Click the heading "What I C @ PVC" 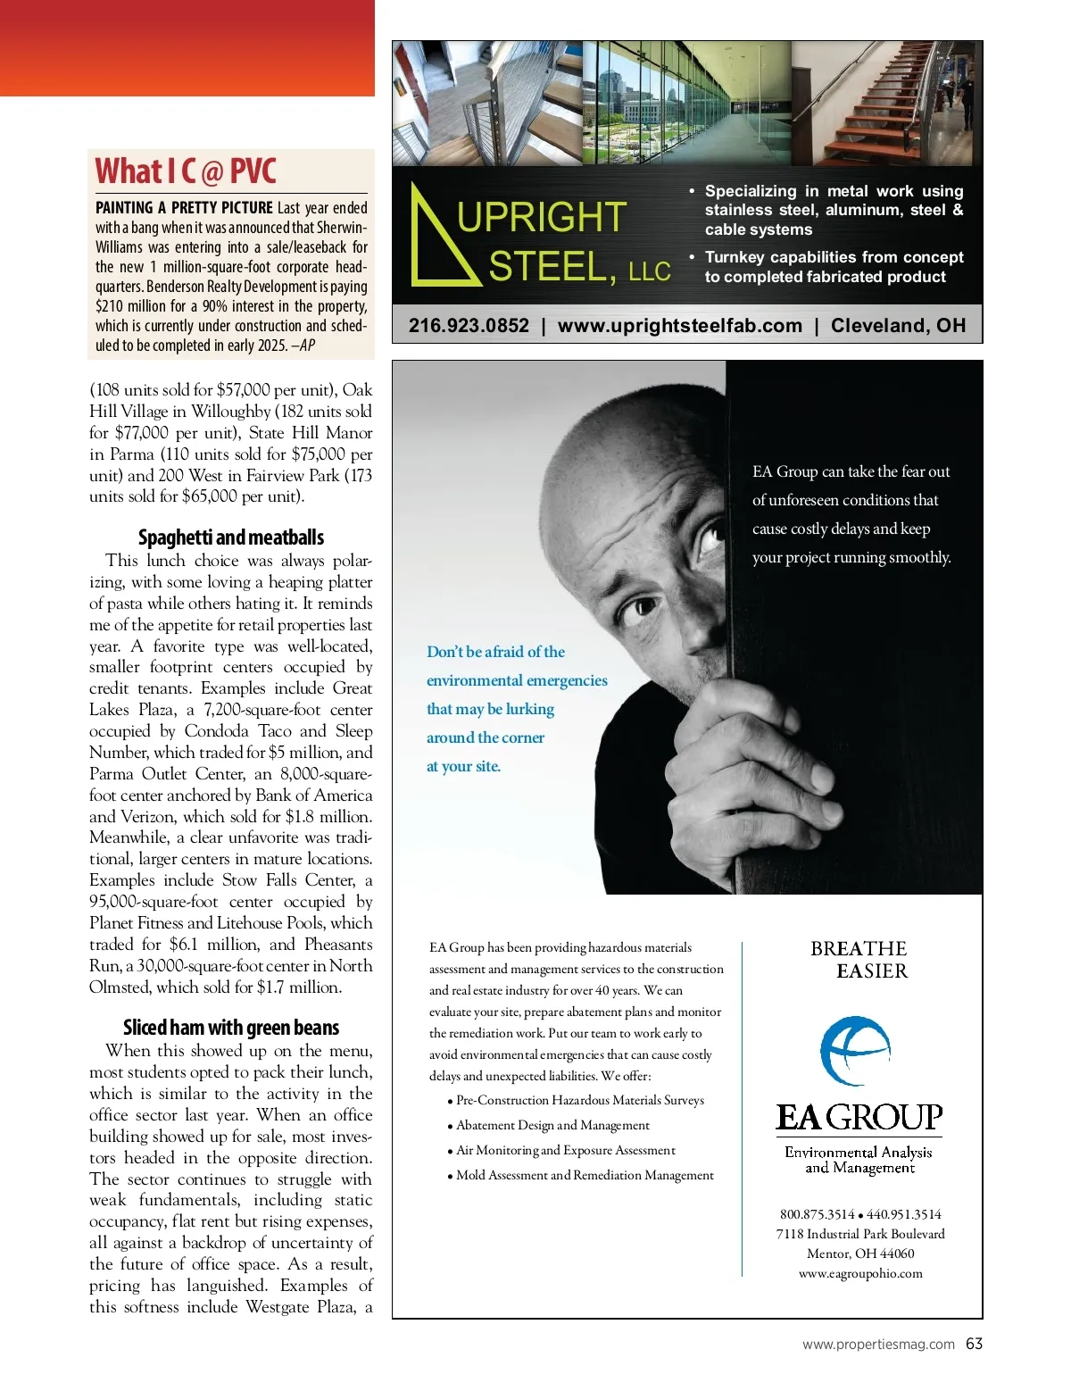(186, 171)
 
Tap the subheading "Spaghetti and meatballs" (230, 537)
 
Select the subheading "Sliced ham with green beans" (230, 1028)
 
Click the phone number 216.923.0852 (469, 326)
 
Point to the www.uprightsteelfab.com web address (679, 326)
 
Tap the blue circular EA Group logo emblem (855, 1050)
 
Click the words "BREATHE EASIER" (859, 960)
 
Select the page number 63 (974, 1344)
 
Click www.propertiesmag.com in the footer (878, 1345)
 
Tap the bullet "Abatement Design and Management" (552, 1126)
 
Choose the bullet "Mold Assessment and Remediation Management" (585, 1176)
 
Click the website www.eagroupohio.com (860, 1274)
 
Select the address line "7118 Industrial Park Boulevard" (860, 1234)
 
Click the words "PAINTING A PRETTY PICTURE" (184, 208)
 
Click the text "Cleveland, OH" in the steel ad (898, 326)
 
